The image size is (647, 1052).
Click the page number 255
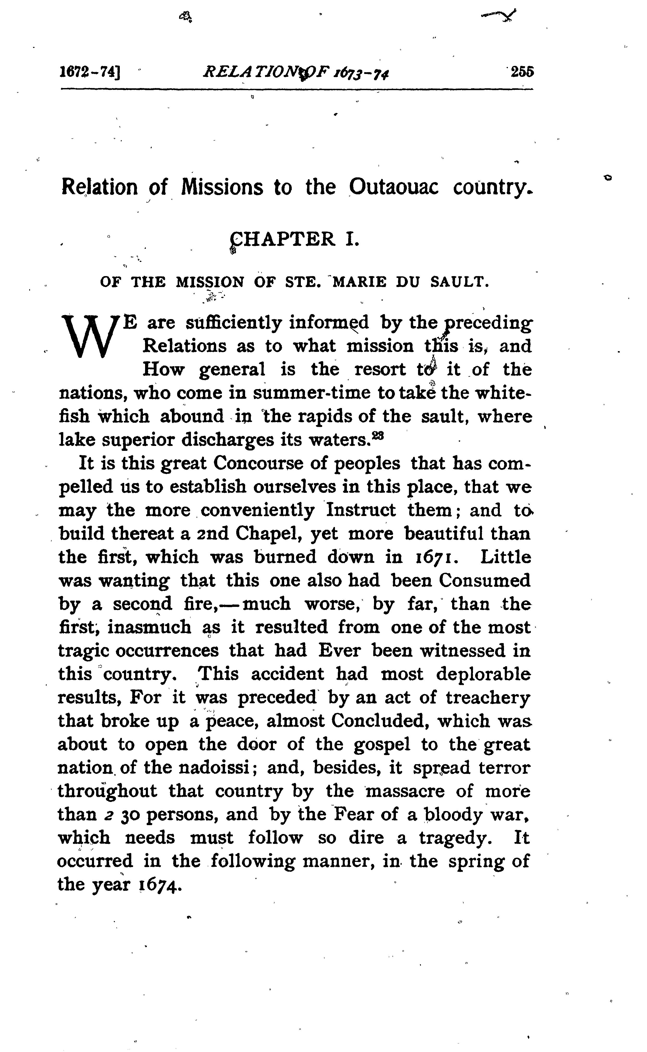[x=522, y=72]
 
